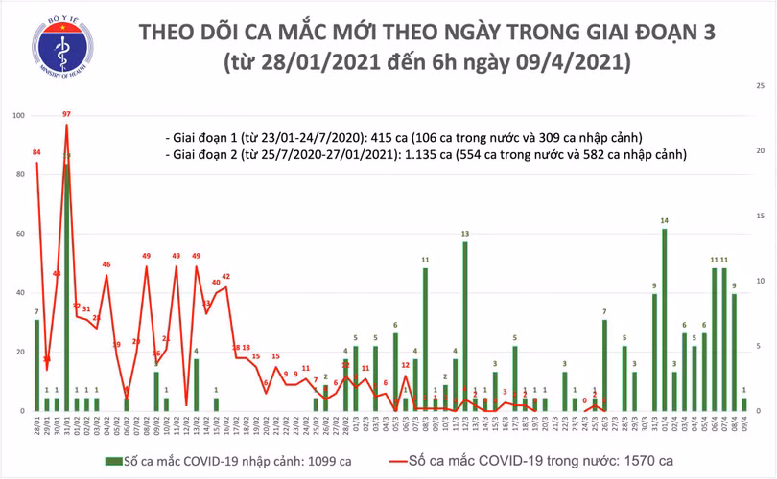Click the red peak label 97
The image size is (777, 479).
[x=66, y=115]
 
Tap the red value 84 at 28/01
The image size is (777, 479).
[x=36, y=152]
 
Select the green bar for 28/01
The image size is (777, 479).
[x=36, y=365]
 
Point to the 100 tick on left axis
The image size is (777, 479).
[x=18, y=116]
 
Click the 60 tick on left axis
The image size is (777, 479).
[x=18, y=234]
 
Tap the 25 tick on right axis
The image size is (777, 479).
[x=760, y=86]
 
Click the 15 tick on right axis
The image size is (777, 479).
[x=760, y=217]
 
